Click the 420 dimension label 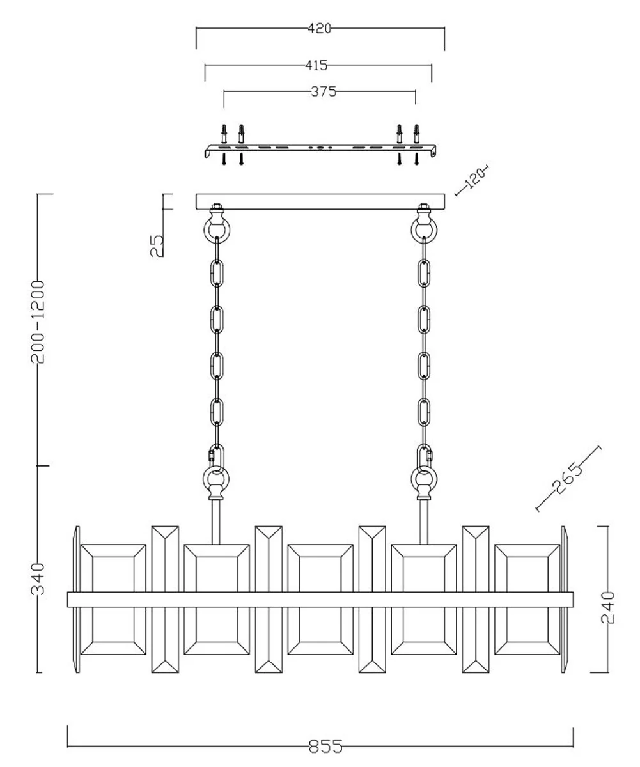(x=319, y=28)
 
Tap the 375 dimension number (x=324, y=91)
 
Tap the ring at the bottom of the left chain (x=217, y=478)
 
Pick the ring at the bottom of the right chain (x=423, y=478)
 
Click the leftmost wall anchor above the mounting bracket (x=224, y=134)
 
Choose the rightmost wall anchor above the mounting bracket (x=417, y=134)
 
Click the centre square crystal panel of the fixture (x=320, y=599)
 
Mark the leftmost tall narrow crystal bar (x=165, y=599)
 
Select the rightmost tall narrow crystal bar (x=476, y=599)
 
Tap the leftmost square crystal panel (x=113, y=599)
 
